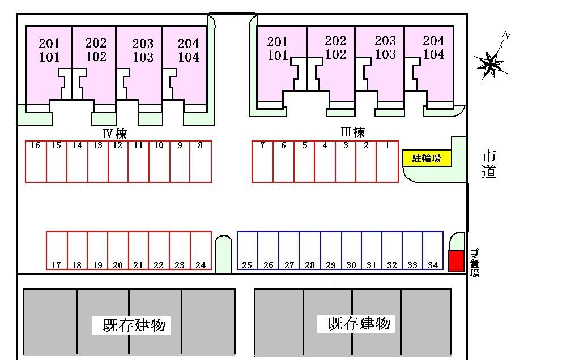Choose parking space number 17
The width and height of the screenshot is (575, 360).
(x=57, y=250)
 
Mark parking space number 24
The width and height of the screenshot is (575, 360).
(x=201, y=250)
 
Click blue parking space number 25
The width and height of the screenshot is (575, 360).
(x=248, y=250)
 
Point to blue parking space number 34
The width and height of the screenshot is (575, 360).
(x=433, y=250)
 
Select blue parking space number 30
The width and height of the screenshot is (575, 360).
(x=351, y=250)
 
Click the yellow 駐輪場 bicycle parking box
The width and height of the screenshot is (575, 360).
(x=427, y=158)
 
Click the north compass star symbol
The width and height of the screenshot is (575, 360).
(x=490, y=62)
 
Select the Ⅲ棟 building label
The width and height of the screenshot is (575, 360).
(x=352, y=132)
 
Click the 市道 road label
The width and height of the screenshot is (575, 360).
(x=489, y=164)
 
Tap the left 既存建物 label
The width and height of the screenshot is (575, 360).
(x=134, y=325)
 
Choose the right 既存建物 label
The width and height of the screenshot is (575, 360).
(x=359, y=323)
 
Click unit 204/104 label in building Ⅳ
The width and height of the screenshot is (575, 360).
(x=188, y=50)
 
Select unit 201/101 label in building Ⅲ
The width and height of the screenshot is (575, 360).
(x=278, y=48)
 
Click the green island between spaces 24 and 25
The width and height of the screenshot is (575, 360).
(x=224, y=254)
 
